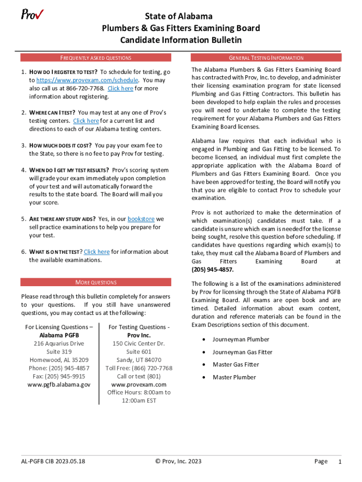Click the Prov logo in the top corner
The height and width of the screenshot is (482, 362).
pos(32,15)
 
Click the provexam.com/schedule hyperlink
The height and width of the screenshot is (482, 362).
pos(87,80)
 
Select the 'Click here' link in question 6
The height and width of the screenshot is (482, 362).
pos(96,252)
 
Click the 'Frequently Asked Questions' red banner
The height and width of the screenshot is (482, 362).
pos(95,58)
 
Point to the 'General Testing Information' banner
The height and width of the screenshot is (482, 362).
pos(266,58)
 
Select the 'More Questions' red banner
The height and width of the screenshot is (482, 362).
pos(95,282)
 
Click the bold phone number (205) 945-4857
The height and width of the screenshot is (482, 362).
pos(212,270)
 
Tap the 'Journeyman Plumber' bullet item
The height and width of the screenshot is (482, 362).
pos(241,339)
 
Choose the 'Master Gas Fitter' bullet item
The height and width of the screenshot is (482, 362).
pos(236,364)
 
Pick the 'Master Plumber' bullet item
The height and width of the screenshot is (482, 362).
pos(234,377)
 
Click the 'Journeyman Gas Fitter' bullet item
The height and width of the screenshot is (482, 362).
pos(242,352)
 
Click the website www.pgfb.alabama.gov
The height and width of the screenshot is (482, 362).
pos(59,385)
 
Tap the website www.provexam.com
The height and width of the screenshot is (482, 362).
pos(139,385)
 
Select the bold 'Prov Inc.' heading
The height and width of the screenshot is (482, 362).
pos(139,335)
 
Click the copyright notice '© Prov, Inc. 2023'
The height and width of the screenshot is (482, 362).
pos(178,461)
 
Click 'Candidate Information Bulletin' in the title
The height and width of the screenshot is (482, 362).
pos(181,40)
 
